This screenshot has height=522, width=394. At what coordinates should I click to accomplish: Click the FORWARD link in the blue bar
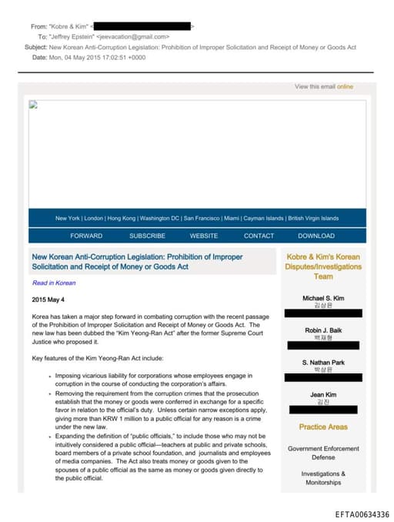point(86,236)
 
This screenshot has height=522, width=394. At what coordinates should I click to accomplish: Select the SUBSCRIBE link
point(147,236)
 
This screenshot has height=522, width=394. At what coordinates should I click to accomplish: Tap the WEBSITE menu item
point(204,236)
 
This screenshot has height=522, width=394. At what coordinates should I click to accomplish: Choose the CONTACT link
point(259,236)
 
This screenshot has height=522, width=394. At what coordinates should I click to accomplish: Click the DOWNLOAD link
point(316,236)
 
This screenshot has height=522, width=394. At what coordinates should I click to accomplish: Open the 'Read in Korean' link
point(54,283)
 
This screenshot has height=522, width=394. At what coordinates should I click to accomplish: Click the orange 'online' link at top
point(345,87)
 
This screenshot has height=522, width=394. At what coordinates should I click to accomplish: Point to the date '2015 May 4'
point(48,299)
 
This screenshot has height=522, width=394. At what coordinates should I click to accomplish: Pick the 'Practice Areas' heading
point(322,427)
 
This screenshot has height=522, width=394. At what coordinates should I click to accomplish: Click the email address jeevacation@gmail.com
point(133,36)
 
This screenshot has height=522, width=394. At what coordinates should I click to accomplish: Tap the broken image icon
point(33,105)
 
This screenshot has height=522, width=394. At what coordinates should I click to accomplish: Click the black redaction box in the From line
point(142,26)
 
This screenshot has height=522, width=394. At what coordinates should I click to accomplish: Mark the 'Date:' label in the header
point(39,57)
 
